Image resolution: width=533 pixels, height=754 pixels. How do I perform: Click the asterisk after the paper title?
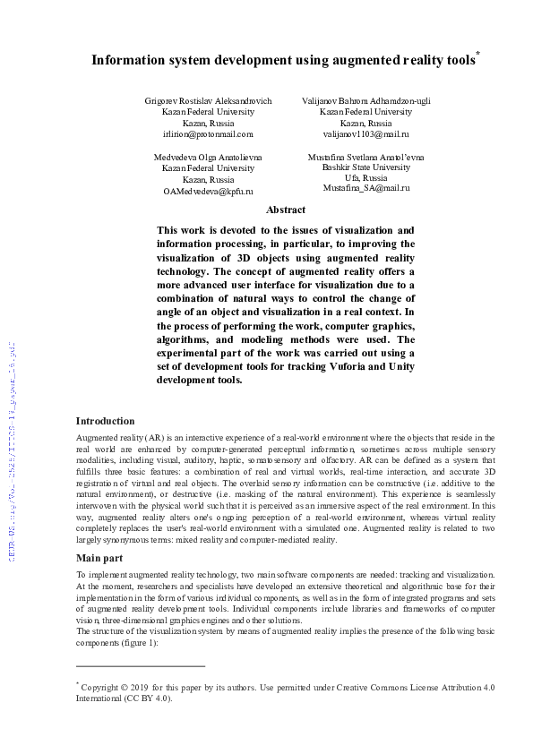coord(477,54)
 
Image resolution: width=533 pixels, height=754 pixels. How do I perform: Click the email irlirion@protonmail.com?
coord(208,133)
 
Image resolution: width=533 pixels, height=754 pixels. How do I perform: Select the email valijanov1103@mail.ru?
coord(365,133)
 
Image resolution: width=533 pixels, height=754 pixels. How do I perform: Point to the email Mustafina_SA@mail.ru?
coord(365,189)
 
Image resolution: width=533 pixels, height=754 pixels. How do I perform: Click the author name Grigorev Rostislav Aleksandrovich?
coord(208,101)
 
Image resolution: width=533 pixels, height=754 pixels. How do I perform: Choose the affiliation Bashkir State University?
coord(365,167)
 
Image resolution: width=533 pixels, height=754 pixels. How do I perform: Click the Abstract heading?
coord(286,210)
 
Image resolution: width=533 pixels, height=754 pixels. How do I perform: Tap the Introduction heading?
coord(105,421)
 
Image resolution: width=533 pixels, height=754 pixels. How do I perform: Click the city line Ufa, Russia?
coord(365,178)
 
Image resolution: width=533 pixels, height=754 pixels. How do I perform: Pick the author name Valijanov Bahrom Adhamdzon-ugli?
coord(365,101)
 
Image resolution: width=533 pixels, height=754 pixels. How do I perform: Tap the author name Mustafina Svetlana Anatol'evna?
coord(365,157)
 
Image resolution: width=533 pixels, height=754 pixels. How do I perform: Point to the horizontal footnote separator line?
coord(141,666)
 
